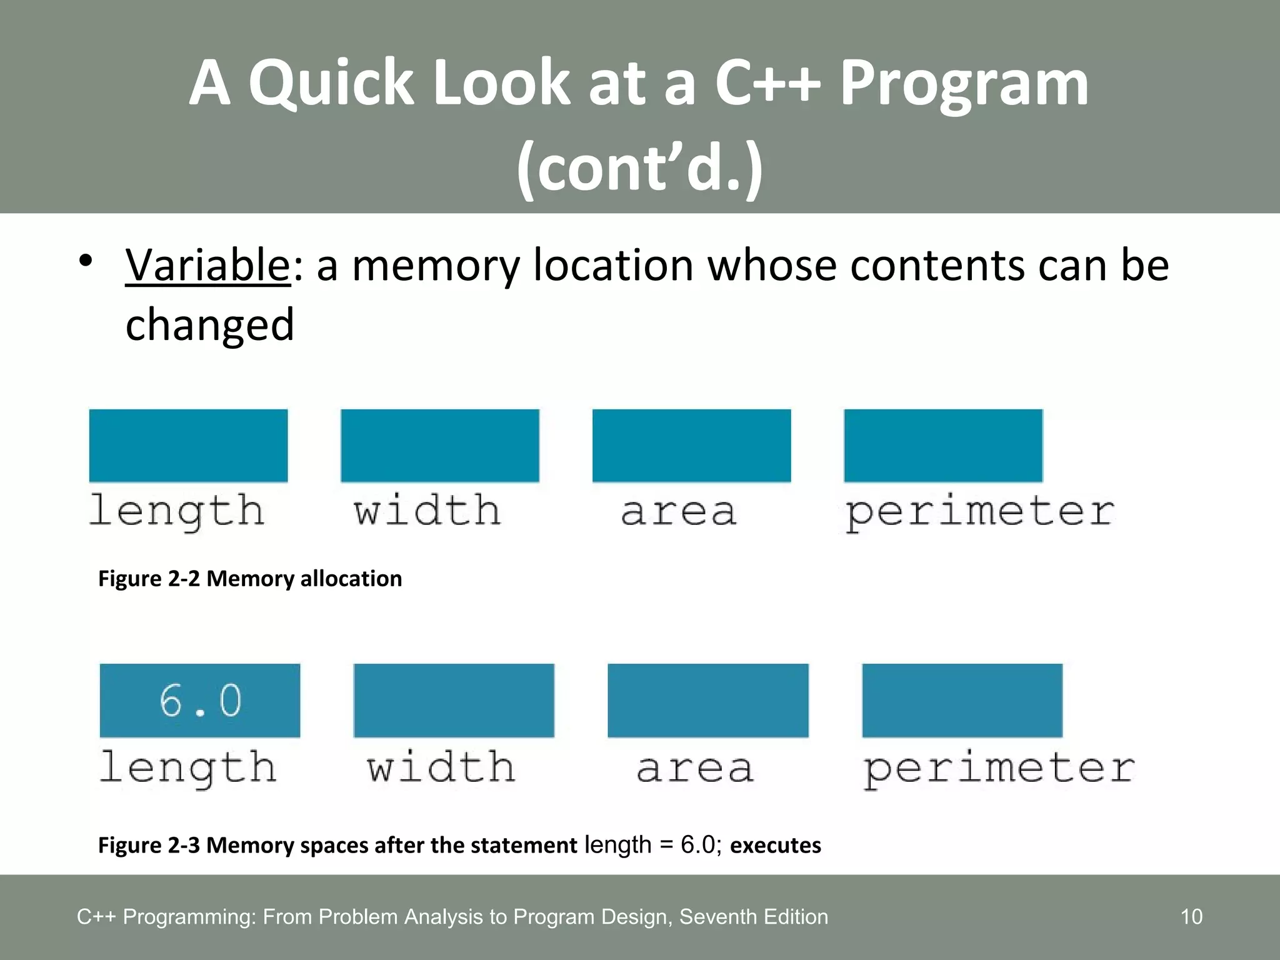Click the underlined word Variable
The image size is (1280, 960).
pos(207,266)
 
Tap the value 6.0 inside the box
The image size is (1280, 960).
pos(200,700)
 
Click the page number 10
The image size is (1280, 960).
pos(1191,917)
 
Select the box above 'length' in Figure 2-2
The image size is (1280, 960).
pos(188,446)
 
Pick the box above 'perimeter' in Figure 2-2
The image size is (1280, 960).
pos(943,446)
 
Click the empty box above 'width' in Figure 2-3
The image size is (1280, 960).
pos(454,700)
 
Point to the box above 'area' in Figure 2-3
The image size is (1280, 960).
pos(707,700)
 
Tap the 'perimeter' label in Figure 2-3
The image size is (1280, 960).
pos(999,769)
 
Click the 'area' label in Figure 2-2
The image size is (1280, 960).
pos(679,511)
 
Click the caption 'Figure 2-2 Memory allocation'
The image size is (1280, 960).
pos(250,579)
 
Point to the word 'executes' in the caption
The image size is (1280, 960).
pos(775,845)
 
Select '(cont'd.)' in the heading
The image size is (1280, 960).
pos(639,167)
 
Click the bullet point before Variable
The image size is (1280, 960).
pos(86,261)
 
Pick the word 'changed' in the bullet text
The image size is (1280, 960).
pos(209,325)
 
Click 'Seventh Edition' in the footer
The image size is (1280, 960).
pos(753,917)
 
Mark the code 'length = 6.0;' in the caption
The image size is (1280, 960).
pos(653,845)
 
